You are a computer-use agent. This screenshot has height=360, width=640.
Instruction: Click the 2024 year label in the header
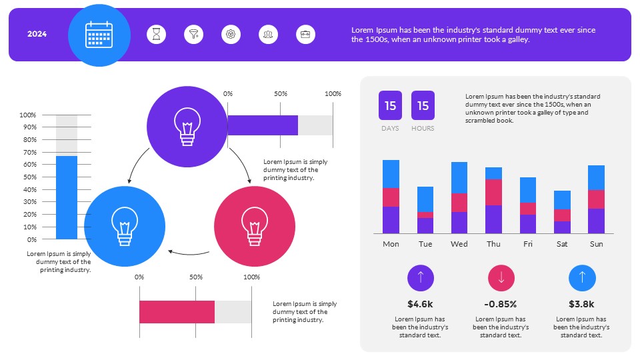coord(37,34)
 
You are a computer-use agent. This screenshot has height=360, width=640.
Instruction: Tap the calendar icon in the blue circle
coord(99,35)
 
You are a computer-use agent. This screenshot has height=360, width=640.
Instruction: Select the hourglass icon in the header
coord(157,34)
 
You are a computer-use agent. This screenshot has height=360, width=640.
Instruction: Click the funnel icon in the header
coord(194,34)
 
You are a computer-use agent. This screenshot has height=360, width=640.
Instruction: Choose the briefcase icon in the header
coord(305,34)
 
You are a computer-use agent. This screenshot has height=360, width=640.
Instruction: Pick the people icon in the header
coord(269,34)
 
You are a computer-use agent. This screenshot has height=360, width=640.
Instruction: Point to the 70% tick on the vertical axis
coord(28,153)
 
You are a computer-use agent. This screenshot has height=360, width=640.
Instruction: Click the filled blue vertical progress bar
coord(67,197)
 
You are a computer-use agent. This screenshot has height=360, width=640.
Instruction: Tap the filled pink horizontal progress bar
coord(177,312)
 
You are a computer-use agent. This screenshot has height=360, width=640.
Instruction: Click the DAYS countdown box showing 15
coord(390,105)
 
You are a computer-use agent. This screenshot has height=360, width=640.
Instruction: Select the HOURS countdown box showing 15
coord(423,105)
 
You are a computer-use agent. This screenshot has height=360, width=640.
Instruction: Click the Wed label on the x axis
coord(459,244)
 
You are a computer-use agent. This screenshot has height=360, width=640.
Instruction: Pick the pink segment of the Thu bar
coord(493,192)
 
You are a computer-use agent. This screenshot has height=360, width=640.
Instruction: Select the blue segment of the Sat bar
coord(562,200)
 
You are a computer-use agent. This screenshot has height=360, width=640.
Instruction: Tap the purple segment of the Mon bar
coord(391,220)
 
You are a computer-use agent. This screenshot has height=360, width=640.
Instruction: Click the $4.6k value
coord(420,304)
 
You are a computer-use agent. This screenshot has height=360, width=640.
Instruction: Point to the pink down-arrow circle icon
coord(501,278)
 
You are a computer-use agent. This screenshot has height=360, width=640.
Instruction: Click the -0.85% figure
coord(501,304)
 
